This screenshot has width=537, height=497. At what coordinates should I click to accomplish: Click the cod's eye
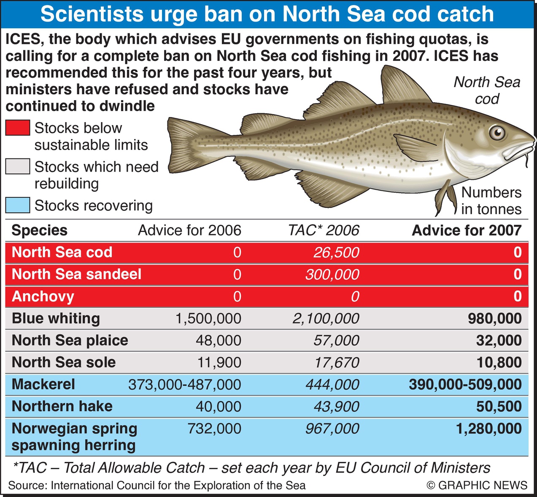(x=497, y=133)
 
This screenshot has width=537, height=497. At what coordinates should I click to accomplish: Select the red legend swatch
(x=18, y=128)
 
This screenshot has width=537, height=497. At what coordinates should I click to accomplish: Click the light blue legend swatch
(x=18, y=205)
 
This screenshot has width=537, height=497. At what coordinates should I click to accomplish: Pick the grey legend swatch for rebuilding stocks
(x=18, y=167)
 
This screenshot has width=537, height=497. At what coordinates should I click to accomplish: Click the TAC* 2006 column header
(x=324, y=230)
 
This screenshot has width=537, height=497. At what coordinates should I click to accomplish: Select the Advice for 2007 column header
(x=467, y=230)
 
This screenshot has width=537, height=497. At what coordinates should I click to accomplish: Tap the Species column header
(x=39, y=230)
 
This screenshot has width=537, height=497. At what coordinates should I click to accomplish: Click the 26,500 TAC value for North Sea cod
(x=336, y=252)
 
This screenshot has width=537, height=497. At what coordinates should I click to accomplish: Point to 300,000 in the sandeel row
(x=332, y=274)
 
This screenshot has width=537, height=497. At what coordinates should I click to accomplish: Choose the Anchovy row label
(x=43, y=296)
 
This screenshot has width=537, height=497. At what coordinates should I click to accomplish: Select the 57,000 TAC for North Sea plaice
(x=336, y=340)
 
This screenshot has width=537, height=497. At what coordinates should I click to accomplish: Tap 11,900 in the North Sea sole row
(x=219, y=362)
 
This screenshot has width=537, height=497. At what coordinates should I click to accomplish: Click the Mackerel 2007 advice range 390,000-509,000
(x=465, y=384)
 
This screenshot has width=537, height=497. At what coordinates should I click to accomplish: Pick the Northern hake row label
(x=62, y=406)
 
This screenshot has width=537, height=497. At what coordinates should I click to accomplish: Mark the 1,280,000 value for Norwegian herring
(x=489, y=429)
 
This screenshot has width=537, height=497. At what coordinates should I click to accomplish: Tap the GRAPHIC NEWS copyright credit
(x=477, y=485)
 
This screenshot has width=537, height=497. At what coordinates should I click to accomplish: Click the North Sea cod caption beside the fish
(x=487, y=90)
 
